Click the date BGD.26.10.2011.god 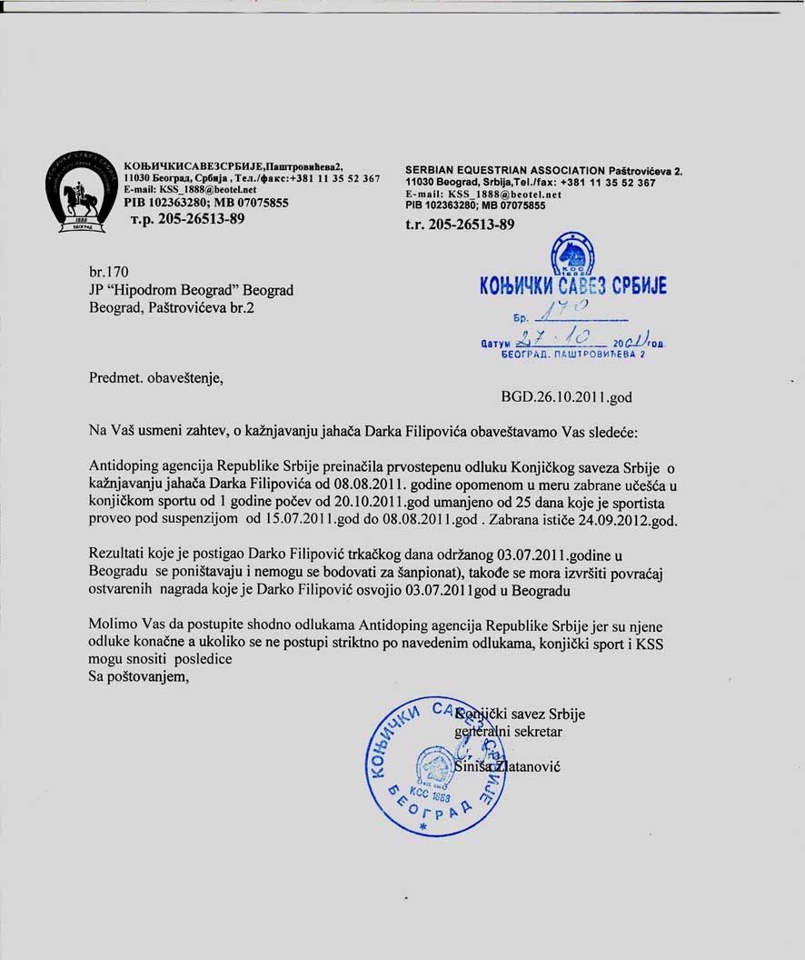tap(566, 397)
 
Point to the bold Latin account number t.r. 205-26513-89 tap(460, 224)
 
